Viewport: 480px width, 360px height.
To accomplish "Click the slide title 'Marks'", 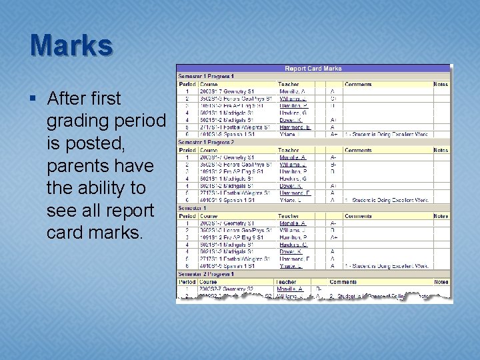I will point(71,45).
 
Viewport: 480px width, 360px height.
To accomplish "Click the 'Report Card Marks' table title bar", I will point(313,69).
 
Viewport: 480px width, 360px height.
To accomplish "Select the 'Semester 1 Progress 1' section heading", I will point(205,77).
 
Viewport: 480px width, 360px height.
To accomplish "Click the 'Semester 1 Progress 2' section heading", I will point(205,142).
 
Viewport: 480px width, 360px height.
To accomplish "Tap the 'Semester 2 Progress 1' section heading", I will point(205,274).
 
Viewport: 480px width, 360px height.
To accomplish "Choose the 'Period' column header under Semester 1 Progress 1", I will point(187,84).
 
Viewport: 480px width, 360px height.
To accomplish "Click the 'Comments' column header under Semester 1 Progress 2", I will point(358,150).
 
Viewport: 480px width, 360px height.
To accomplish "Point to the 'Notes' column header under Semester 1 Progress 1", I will point(441,84).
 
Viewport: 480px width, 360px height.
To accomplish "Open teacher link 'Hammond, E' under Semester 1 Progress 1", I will point(295,127).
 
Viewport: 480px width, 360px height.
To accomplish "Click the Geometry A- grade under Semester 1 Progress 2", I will point(333,157).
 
